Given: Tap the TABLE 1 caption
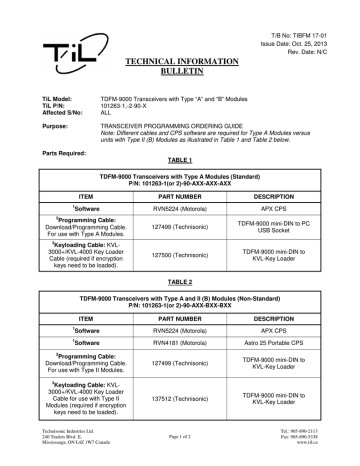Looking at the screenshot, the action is point(180,160).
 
